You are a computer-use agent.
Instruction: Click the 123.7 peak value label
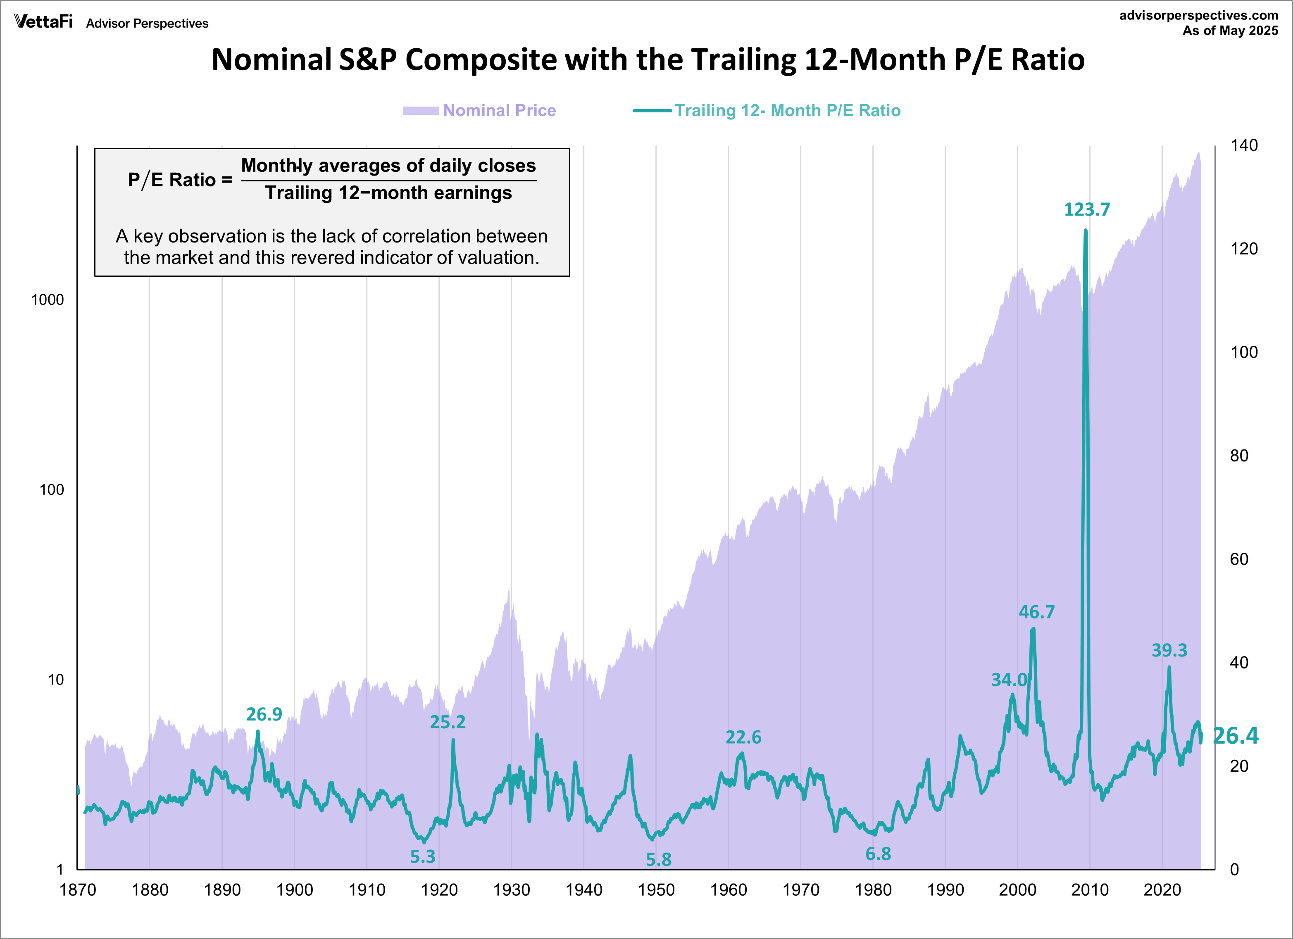(x=1087, y=210)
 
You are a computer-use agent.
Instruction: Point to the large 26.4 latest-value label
(x=1235, y=736)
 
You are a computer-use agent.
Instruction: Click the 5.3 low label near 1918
(x=422, y=856)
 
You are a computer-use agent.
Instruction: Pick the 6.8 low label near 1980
(x=878, y=853)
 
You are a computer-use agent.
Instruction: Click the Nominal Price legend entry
(x=499, y=111)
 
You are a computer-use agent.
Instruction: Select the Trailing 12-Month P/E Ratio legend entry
(x=787, y=111)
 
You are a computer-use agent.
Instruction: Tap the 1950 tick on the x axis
(x=656, y=890)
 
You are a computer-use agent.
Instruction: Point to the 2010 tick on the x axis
(x=1089, y=890)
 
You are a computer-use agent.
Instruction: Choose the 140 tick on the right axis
(x=1243, y=145)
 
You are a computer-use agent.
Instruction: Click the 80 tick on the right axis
(x=1239, y=456)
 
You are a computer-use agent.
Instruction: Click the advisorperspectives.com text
(x=1198, y=15)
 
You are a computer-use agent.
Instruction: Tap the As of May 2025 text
(x=1230, y=31)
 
